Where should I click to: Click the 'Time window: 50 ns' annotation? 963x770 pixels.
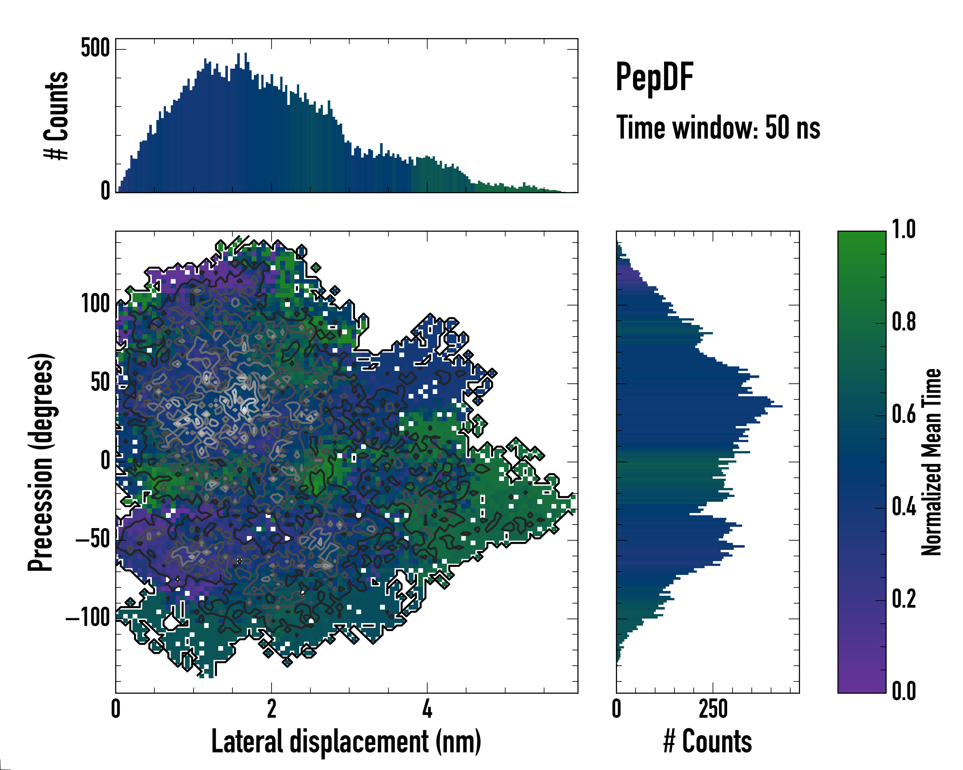(x=718, y=128)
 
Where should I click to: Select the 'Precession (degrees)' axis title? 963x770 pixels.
(x=41, y=462)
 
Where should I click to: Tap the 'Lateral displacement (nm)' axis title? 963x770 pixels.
(x=346, y=741)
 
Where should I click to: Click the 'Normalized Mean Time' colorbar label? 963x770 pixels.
(x=931, y=462)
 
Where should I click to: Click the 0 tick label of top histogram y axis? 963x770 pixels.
(x=105, y=191)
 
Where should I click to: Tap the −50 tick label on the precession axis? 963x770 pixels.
(x=92, y=539)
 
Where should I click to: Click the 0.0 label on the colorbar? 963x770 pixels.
(x=904, y=691)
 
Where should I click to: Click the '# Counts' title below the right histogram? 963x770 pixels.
(x=707, y=741)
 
